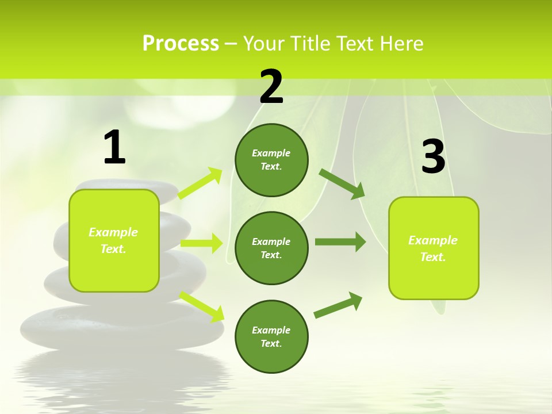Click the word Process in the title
[x=181, y=44]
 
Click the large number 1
[x=114, y=148]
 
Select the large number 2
[x=271, y=87]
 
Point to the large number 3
[x=433, y=157]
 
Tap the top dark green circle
[x=271, y=160]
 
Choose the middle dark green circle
[x=271, y=248]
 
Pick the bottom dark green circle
[x=271, y=337]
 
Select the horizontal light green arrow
[x=201, y=243]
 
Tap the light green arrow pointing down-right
[x=202, y=306]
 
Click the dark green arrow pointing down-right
[x=343, y=184]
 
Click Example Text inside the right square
[x=433, y=248]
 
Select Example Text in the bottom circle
[x=271, y=337]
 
